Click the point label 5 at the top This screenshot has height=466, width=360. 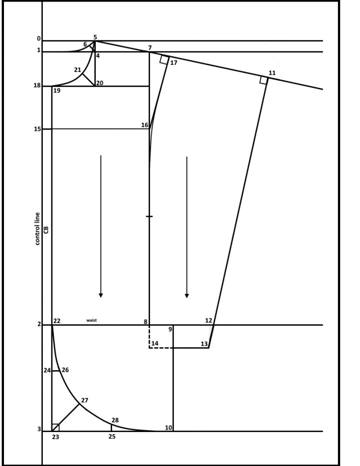95,37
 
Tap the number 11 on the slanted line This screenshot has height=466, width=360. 272,73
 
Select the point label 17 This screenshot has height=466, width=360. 174,63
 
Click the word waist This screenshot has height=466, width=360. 91,320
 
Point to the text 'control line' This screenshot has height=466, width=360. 37,229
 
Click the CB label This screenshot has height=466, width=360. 46,230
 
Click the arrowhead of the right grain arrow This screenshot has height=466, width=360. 187,296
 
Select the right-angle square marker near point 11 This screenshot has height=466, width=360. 263,80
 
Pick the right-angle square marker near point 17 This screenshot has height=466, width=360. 164,59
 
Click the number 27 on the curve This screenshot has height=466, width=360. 85,400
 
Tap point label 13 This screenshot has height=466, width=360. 204,344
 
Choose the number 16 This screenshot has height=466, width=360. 145,125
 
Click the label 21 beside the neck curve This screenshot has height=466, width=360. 77,70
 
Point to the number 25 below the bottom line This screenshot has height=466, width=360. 112,437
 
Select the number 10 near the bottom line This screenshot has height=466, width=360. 169,428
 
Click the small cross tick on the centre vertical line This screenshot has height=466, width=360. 150,217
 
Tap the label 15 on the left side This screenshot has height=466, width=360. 38,129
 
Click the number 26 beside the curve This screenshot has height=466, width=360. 65,370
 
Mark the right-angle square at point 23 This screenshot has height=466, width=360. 55,428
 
